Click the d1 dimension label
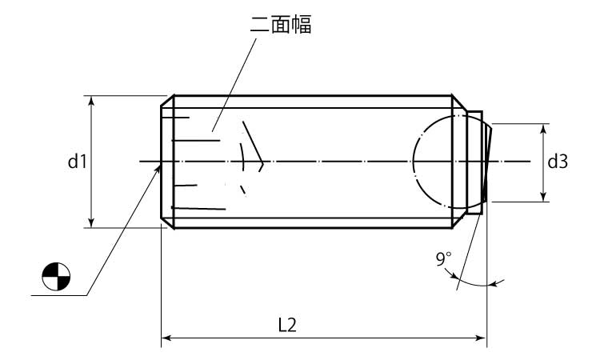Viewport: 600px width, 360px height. click(x=78, y=162)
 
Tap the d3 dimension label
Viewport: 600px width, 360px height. click(x=558, y=162)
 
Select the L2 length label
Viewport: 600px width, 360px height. click(x=287, y=325)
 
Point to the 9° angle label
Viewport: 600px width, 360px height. click(x=443, y=259)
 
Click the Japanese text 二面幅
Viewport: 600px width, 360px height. click(x=281, y=26)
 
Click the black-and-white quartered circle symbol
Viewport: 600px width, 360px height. click(x=56, y=276)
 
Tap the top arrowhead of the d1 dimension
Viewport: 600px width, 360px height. click(x=91, y=100)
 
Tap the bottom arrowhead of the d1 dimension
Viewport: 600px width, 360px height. click(x=91, y=222)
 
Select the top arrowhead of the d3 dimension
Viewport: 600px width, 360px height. click(x=543, y=129)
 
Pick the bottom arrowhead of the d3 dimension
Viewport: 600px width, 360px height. click(x=543, y=197)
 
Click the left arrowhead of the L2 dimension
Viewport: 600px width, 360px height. click(x=166, y=338)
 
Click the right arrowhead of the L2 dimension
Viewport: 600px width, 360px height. click(x=482, y=338)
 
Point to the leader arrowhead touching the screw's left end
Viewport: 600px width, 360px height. click(x=158, y=170)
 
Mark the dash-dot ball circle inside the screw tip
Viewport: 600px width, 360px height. click(x=414, y=162)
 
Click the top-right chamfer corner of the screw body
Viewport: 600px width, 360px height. click(x=452, y=96)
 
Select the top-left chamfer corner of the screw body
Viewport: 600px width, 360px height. click(x=174, y=96)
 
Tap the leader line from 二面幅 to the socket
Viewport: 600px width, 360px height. click(x=234, y=85)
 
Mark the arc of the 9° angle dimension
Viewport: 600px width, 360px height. click(x=474, y=283)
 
